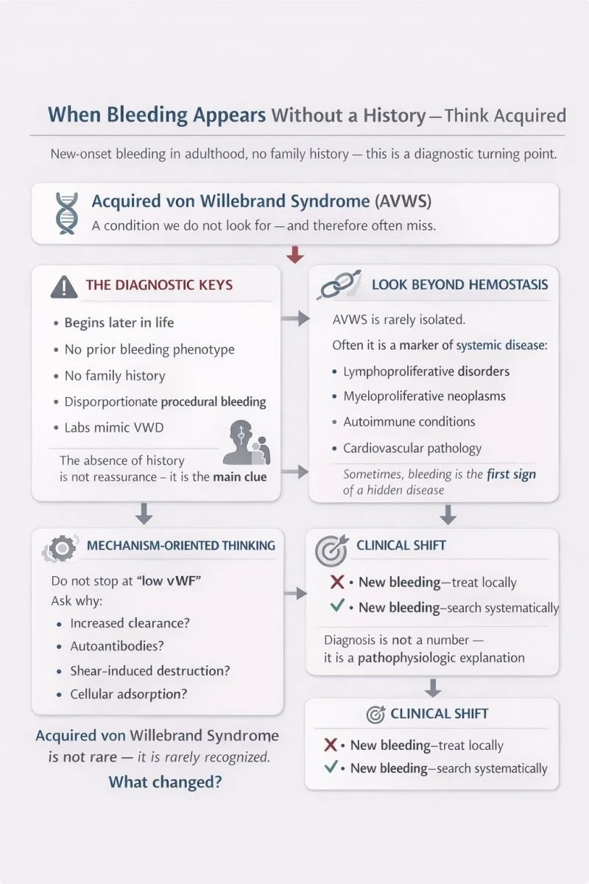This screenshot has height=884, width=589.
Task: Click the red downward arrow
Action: [294, 255]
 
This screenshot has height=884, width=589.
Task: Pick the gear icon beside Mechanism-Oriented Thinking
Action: [60, 547]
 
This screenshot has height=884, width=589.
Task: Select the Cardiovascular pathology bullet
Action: [412, 448]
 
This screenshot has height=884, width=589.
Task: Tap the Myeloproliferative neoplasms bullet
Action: [424, 396]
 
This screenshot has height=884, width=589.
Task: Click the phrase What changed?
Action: [165, 782]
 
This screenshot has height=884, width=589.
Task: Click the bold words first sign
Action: [511, 475]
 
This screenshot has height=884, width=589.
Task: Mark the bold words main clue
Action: [240, 477]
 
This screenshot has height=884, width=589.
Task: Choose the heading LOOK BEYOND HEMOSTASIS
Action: [459, 284]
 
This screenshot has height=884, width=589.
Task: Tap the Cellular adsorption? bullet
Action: [130, 694]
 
